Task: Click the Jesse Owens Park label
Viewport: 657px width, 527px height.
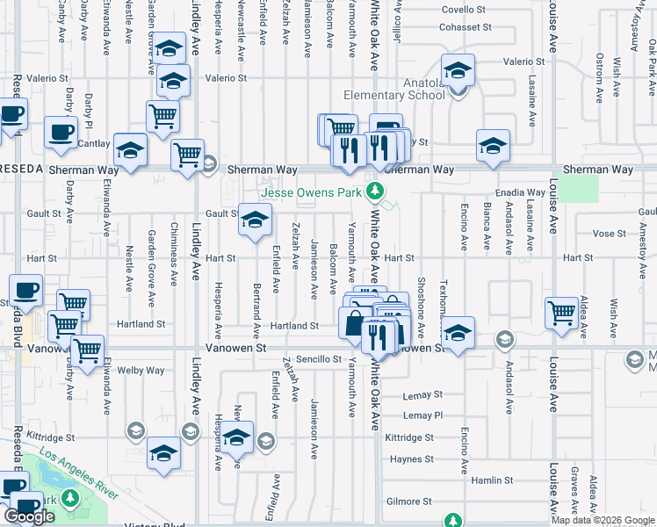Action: click(310, 192)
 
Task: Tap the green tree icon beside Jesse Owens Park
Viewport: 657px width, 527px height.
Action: click(376, 191)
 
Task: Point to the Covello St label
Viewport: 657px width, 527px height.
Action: click(462, 9)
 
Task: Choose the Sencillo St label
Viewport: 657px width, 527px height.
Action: click(318, 359)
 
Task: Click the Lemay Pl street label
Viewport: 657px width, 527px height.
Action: click(424, 415)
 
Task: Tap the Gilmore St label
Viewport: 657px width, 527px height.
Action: click(409, 502)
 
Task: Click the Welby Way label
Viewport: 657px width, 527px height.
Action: click(142, 371)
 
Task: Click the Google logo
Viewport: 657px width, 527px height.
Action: click(29, 517)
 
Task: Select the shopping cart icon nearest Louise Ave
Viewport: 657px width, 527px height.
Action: click(560, 313)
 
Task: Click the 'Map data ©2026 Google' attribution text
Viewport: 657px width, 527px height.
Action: click(602, 520)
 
